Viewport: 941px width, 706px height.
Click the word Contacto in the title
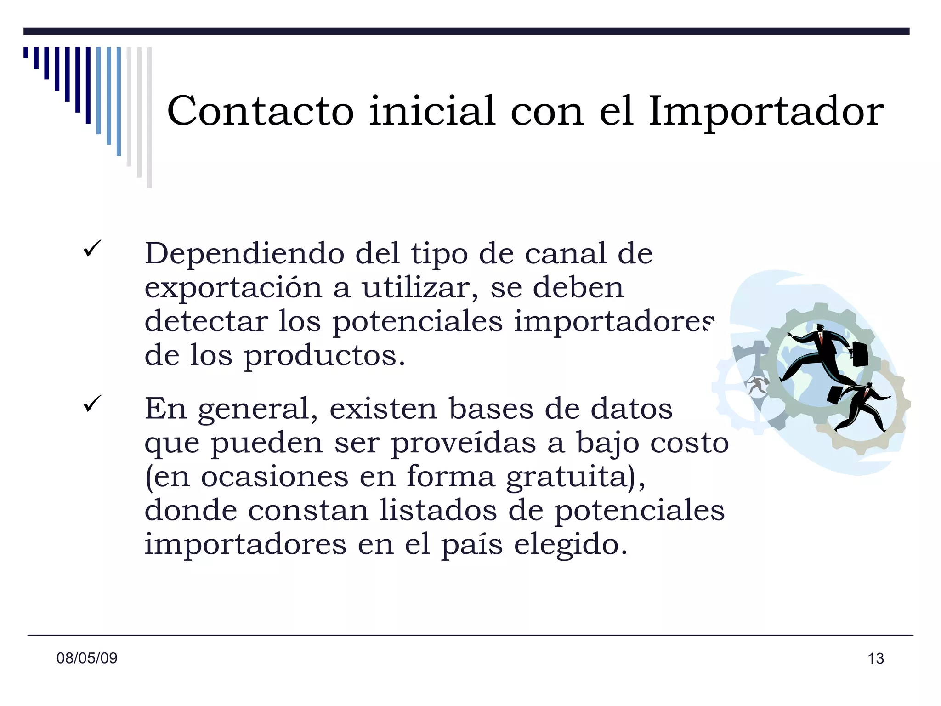[261, 111]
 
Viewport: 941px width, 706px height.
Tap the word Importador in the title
[766, 112]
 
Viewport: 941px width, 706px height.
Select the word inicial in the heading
[432, 111]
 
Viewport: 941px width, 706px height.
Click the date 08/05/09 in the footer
[87, 658]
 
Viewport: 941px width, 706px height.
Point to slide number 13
[876, 659]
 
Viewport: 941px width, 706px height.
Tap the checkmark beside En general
[92, 404]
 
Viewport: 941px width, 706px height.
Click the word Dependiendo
[244, 253]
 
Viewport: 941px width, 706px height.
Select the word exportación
[233, 288]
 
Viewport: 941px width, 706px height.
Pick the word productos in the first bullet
[324, 356]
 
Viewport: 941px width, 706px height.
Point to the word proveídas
[463, 443]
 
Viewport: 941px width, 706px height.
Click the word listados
[438, 510]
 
